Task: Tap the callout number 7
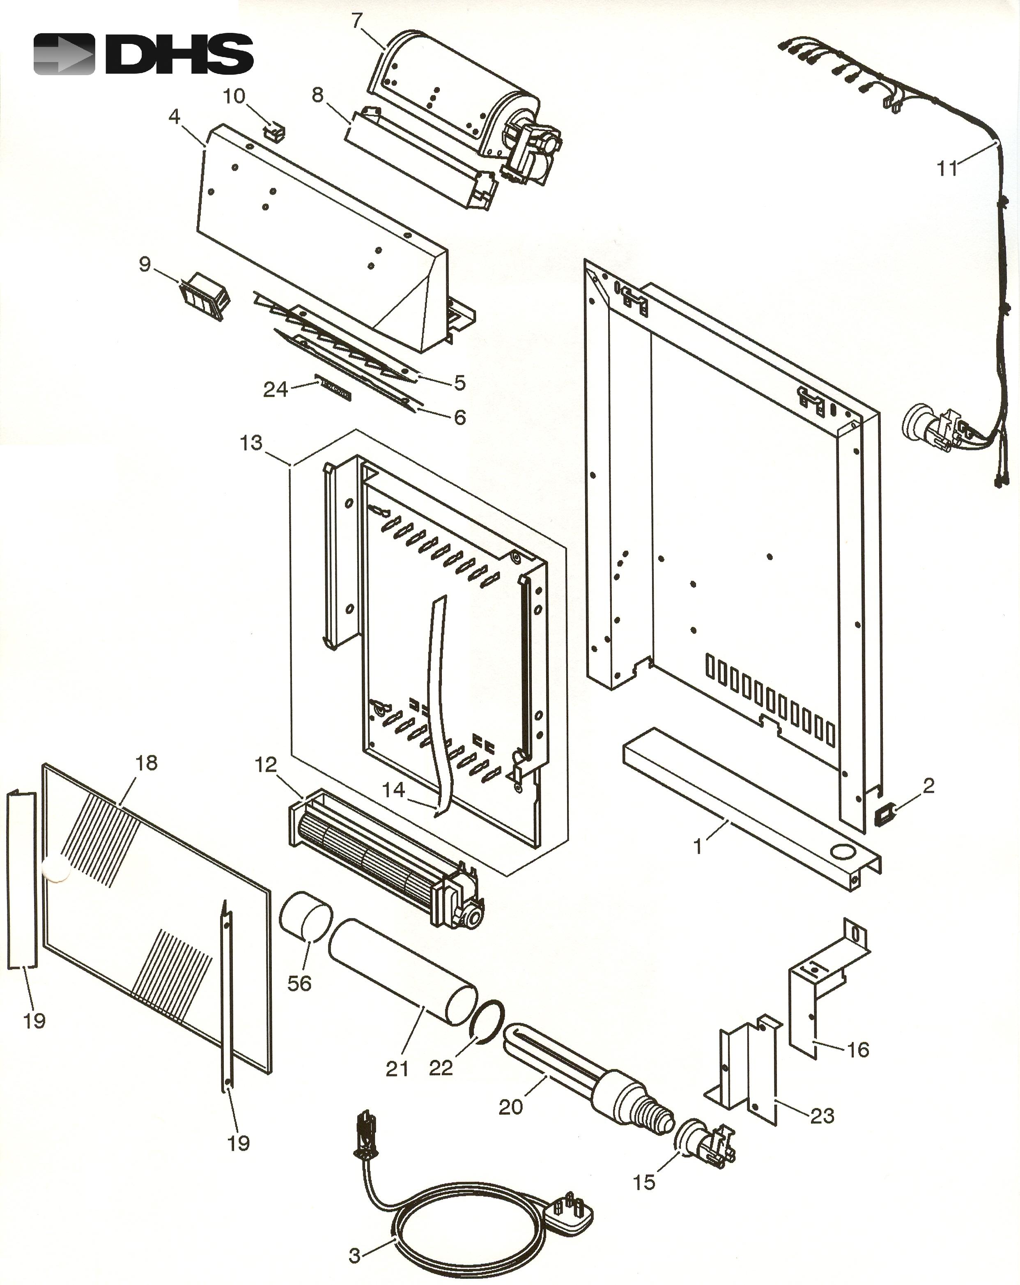pyautogui.click(x=357, y=21)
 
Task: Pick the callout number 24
pyautogui.click(x=275, y=390)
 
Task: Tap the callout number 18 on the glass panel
pyautogui.click(x=147, y=763)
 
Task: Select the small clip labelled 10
pyautogui.click(x=275, y=132)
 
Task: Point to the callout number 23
pyautogui.click(x=822, y=1116)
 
